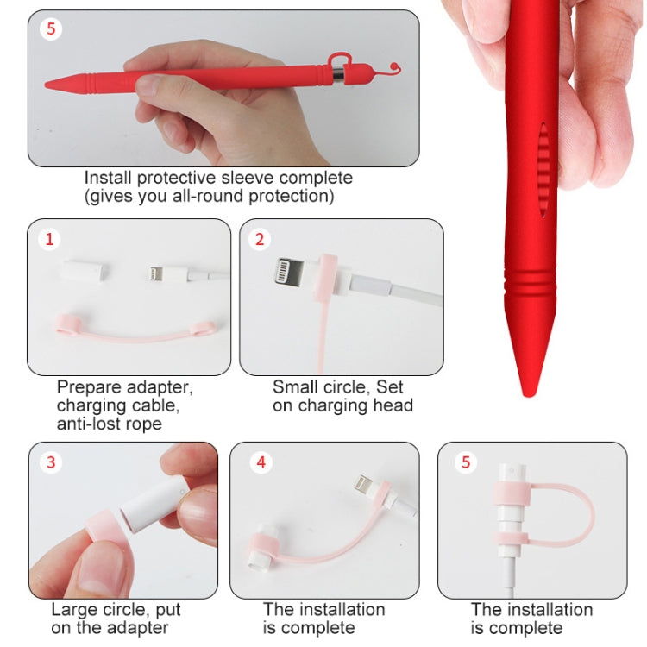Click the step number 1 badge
click(49, 240)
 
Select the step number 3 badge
click(51, 462)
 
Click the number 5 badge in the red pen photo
click(51, 30)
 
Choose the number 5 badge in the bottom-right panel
click(467, 462)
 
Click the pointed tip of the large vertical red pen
click(526, 390)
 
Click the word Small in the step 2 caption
click(294, 387)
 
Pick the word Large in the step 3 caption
click(73, 610)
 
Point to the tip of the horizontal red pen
click(48, 85)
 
